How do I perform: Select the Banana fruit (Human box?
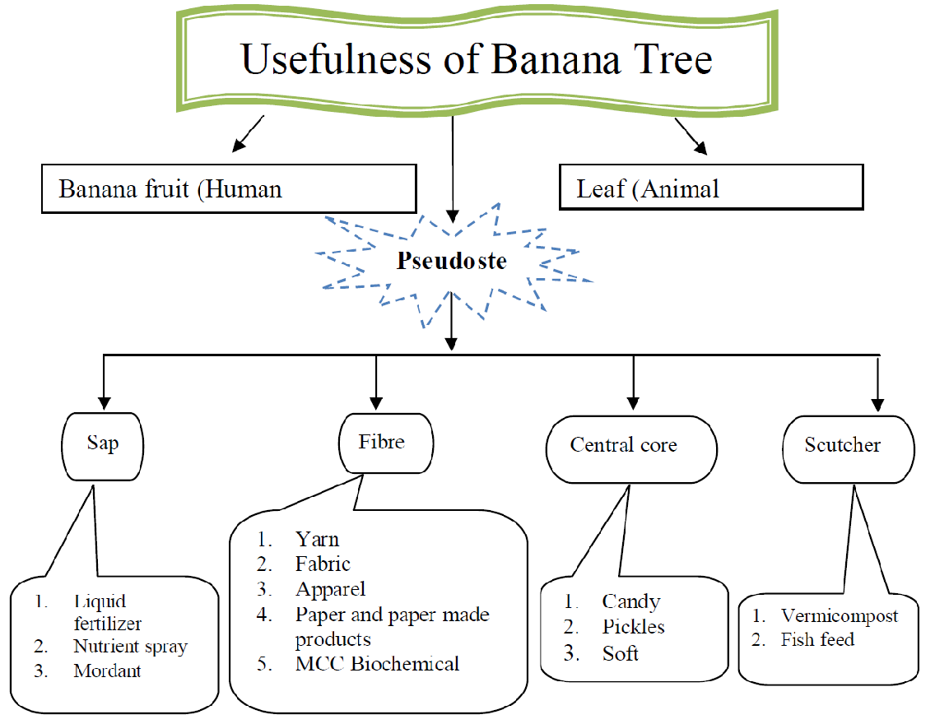coord(229,188)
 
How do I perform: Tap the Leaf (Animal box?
coord(710,188)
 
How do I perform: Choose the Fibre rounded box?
coord(382,442)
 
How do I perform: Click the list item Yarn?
coord(318,540)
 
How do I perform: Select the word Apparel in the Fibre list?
coord(331,589)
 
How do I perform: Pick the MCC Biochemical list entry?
coord(378,663)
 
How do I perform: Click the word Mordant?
coord(107,671)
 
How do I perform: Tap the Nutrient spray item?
coord(130,647)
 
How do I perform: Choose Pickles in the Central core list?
coord(633,627)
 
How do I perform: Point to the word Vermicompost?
coord(840,615)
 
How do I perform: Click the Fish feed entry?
coord(817,639)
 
